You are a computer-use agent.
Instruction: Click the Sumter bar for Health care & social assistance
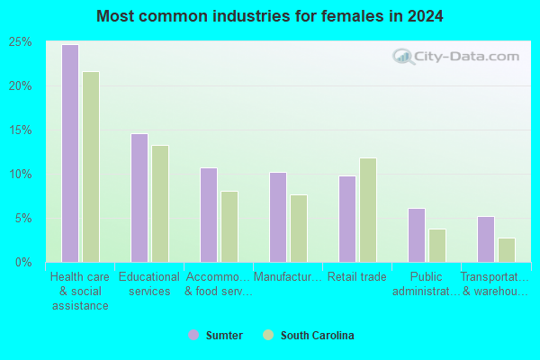click(x=70, y=153)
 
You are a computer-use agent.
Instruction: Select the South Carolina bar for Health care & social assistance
click(x=91, y=166)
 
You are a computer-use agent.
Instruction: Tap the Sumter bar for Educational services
click(x=139, y=198)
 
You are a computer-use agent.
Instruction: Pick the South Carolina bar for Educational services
click(x=160, y=204)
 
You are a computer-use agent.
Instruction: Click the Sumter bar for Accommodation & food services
click(x=209, y=215)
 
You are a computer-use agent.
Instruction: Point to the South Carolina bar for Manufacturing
click(x=299, y=229)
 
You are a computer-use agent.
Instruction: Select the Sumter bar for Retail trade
click(x=347, y=219)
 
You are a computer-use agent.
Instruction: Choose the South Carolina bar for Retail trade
click(x=368, y=210)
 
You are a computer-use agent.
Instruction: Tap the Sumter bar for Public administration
click(x=417, y=235)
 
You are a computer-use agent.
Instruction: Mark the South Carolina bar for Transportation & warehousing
click(x=507, y=250)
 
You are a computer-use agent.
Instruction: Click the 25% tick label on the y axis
click(x=21, y=42)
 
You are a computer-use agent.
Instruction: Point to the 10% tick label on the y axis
click(x=21, y=175)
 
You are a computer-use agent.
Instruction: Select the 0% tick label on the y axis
click(x=23, y=263)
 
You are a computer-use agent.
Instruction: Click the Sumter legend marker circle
click(x=193, y=335)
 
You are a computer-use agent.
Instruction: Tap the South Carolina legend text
click(x=317, y=335)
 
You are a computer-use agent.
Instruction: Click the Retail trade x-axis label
click(x=356, y=276)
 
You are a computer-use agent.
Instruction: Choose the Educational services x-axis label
click(x=149, y=283)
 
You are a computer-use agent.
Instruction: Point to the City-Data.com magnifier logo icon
click(x=403, y=57)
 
